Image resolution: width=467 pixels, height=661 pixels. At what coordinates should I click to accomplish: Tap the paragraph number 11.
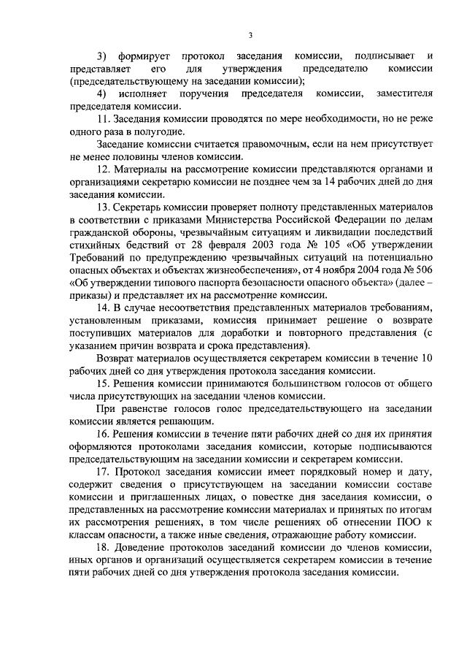point(103,119)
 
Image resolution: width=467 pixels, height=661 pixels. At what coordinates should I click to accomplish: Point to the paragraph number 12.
point(103,169)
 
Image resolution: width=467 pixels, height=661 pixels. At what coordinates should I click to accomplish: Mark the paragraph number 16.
point(103,433)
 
